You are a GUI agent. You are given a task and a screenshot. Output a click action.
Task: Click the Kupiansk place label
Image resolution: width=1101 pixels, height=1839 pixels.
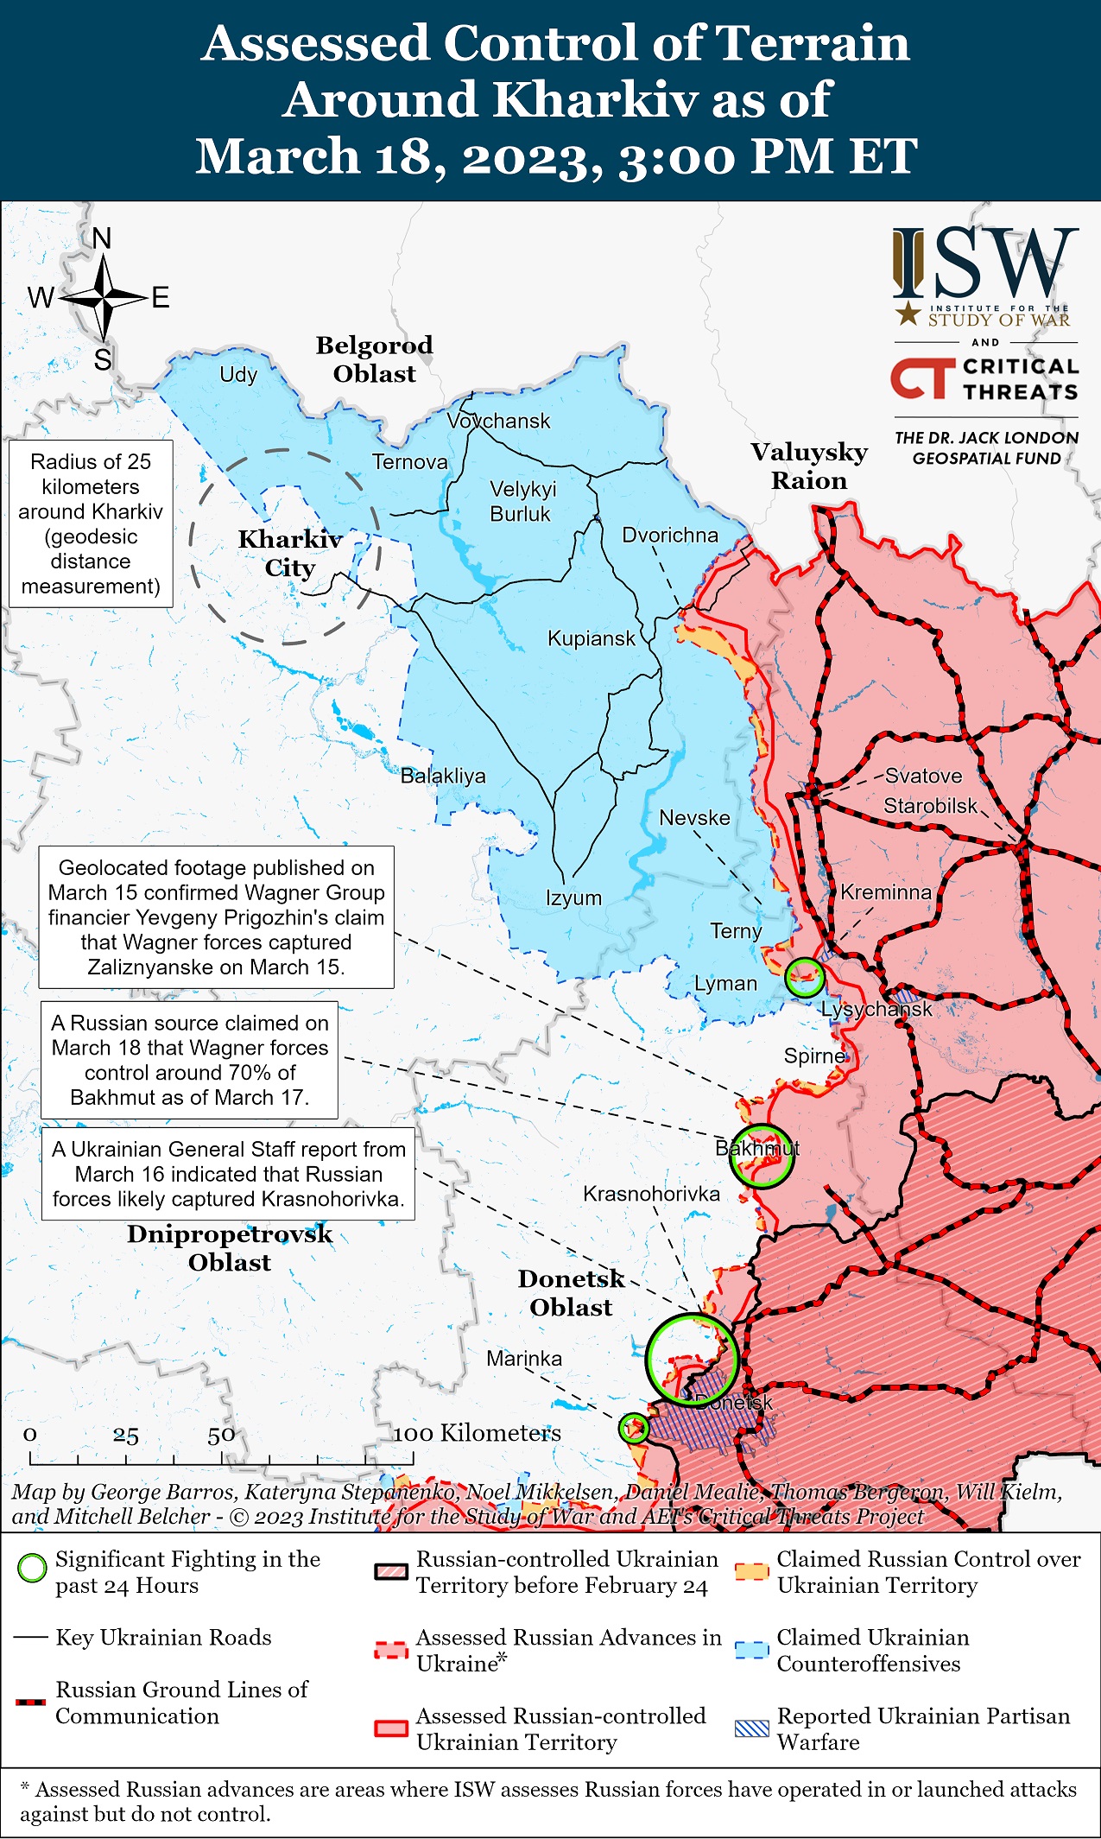pyautogui.click(x=591, y=639)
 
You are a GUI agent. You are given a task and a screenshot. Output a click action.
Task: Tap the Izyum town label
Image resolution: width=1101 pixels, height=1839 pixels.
pyautogui.click(x=573, y=897)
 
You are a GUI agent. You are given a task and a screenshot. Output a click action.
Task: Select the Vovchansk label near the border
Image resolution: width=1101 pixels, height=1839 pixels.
pyautogui.click(x=498, y=422)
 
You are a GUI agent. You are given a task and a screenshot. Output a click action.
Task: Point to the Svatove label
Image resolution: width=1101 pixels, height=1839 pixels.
pyautogui.click(x=923, y=776)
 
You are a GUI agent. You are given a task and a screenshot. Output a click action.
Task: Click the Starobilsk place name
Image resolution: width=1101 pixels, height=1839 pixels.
pyautogui.click(x=930, y=806)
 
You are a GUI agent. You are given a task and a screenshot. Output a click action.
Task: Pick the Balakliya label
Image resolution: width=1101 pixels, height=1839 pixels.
pyautogui.click(x=443, y=776)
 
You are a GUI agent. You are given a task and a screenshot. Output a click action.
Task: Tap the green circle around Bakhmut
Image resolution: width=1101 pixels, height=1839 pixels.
pyautogui.click(x=761, y=1156)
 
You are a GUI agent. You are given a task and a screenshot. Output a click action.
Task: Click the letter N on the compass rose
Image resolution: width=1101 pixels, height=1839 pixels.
pyautogui.click(x=102, y=239)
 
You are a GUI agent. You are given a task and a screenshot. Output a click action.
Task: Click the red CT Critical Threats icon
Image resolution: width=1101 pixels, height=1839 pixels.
pyautogui.click(x=921, y=379)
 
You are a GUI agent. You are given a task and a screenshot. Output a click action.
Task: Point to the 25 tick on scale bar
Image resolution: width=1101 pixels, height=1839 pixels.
pyautogui.click(x=125, y=1436)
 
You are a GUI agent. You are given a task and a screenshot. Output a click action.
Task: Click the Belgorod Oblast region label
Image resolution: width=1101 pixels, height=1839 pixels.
pyautogui.click(x=374, y=359)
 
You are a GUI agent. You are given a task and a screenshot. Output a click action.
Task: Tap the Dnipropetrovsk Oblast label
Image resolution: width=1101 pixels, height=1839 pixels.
pyautogui.click(x=230, y=1248)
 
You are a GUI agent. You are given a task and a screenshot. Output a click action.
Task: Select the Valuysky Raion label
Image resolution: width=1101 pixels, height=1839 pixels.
pyautogui.click(x=809, y=466)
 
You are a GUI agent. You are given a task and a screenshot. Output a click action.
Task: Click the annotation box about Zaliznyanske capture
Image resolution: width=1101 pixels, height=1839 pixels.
pyautogui.click(x=216, y=917)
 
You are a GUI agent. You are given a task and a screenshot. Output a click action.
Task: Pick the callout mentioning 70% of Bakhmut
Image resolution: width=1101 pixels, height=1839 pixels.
pyautogui.click(x=189, y=1061)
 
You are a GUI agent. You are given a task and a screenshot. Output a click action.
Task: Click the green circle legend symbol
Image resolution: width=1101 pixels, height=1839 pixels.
pyautogui.click(x=32, y=1568)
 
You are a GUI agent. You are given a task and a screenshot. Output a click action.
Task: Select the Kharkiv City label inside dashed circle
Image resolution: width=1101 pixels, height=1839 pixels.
pyautogui.click(x=289, y=554)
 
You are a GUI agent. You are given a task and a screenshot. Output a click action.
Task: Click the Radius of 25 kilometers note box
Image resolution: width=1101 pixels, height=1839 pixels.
pyautogui.click(x=91, y=524)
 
